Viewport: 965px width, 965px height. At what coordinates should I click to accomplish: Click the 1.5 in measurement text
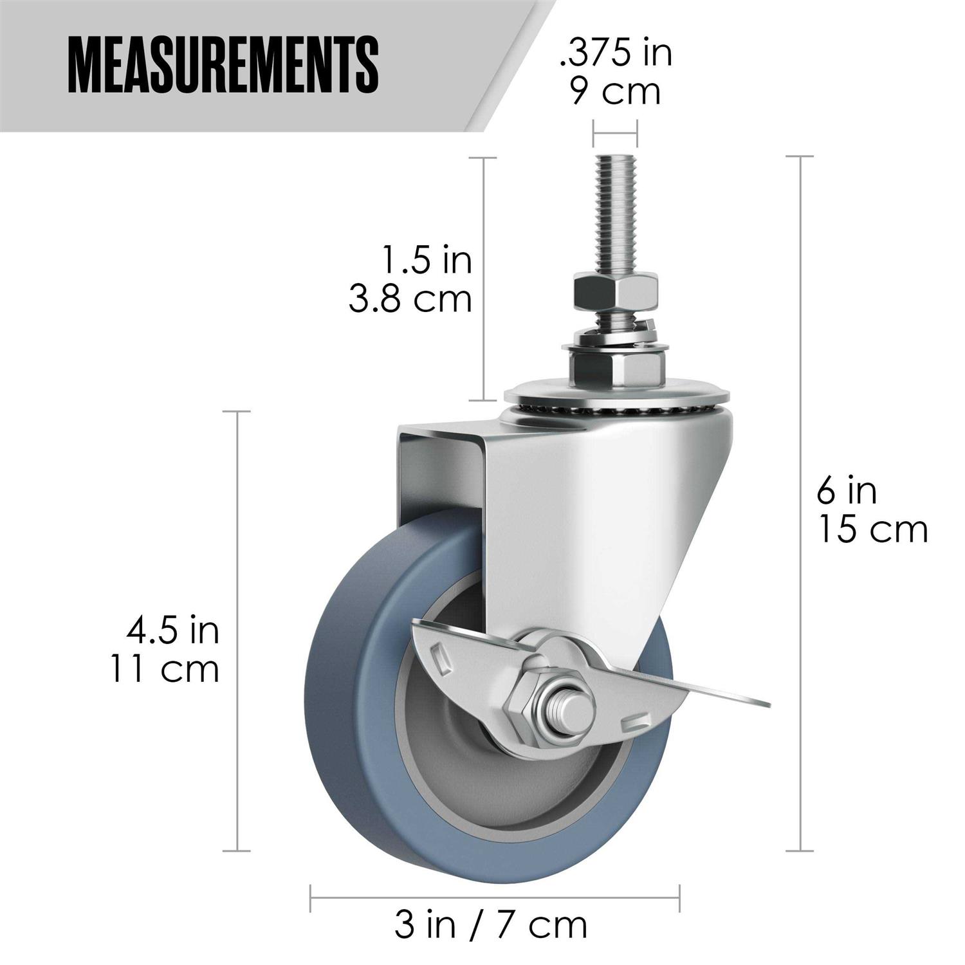[426, 261]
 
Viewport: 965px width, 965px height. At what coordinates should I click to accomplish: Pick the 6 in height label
[847, 492]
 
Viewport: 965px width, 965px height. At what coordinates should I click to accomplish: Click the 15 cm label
[872, 530]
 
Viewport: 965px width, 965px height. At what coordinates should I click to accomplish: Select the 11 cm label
[165, 669]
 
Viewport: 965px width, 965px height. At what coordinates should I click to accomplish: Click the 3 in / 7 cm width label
[491, 925]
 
